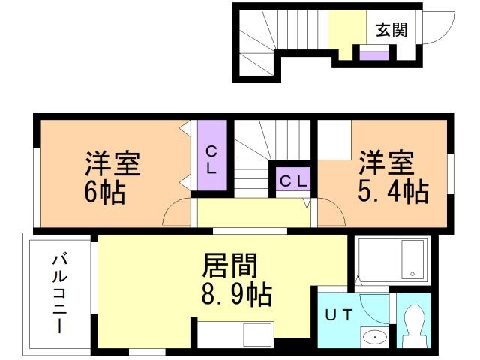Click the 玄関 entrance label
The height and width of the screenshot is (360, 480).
click(391, 30)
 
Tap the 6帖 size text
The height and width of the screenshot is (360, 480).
click(104, 193)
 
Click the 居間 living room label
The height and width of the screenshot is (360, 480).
click(232, 264)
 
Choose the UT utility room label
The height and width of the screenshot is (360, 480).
click(338, 316)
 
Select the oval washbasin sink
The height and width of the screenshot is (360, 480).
click(373, 337)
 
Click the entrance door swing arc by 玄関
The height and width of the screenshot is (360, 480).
click(438, 28)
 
